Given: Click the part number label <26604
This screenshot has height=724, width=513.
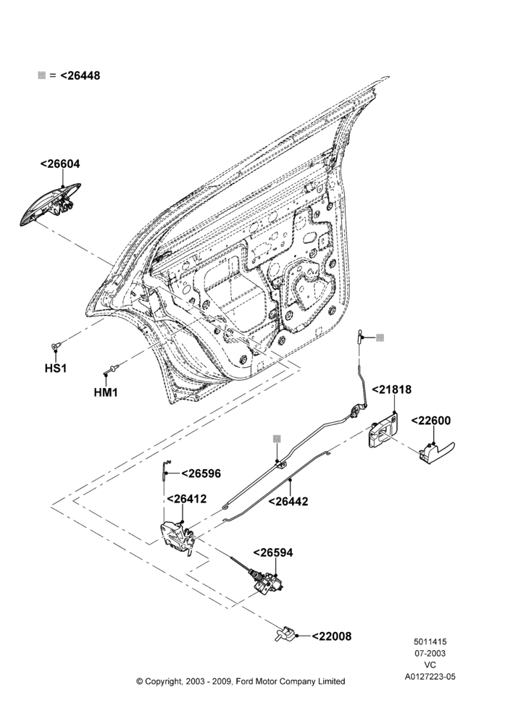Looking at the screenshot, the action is click(x=60, y=164).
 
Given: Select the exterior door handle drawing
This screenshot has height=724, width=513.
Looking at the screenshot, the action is click(x=51, y=205).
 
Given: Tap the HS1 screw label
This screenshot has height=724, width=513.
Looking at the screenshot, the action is click(x=56, y=368).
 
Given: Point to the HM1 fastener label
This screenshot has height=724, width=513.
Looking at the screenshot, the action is click(x=106, y=392).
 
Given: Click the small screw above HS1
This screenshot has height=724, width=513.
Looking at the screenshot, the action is click(x=56, y=346).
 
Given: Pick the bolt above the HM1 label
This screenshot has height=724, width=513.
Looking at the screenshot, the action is click(x=112, y=369).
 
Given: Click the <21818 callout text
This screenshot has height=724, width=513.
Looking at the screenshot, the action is click(x=391, y=390).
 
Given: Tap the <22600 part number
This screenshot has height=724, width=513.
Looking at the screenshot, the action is click(x=430, y=421).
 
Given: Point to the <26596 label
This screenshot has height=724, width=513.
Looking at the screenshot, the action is click(x=201, y=473).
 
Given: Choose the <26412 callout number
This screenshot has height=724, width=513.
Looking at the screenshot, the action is click(x=187, y=499).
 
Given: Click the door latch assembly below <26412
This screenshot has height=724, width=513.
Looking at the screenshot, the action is click(x=178, y=537).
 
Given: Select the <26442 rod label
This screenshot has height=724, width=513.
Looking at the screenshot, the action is click(x=288, y=502).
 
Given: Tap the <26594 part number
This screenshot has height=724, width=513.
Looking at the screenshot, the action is click(x=272, y=552).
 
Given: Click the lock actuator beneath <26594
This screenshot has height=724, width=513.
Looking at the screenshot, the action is click(x=267, y=582).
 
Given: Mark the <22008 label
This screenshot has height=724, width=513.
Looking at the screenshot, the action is click(x=332, y=636).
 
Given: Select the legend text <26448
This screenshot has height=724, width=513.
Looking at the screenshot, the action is click(x=80, y=76).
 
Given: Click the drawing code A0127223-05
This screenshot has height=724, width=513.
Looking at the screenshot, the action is click(x=430, y=677).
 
